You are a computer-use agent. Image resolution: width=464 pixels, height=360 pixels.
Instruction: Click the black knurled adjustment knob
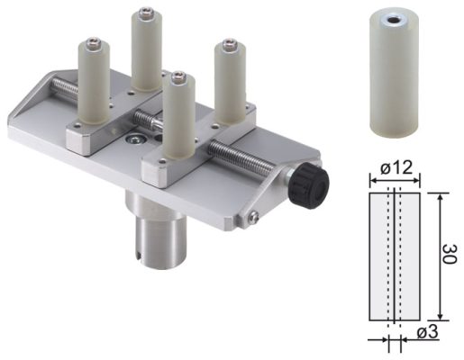[x=310, y=185]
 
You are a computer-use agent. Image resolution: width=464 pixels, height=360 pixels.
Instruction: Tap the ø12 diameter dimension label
[x=396, y=168]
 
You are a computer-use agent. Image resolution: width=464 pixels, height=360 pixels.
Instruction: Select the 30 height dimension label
[x=450, y=254]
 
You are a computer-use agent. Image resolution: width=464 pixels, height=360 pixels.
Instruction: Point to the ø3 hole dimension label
[x=428, y=332]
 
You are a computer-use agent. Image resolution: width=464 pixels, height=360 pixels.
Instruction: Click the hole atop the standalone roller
[x=392, y=21]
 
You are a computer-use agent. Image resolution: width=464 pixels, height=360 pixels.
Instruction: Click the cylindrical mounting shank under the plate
[x=156, y=234]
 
